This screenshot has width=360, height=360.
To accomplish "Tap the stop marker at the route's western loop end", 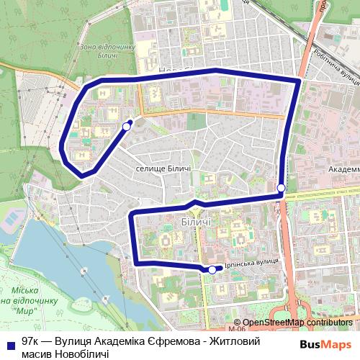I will (x=127, y=126).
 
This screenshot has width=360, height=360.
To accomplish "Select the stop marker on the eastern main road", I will (x=281, y=189).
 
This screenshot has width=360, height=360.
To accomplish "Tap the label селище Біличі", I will (x=163, y=168).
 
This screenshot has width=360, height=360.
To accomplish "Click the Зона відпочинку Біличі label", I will (x=107, y=52).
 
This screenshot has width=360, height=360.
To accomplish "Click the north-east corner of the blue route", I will (x=298, y=81).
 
